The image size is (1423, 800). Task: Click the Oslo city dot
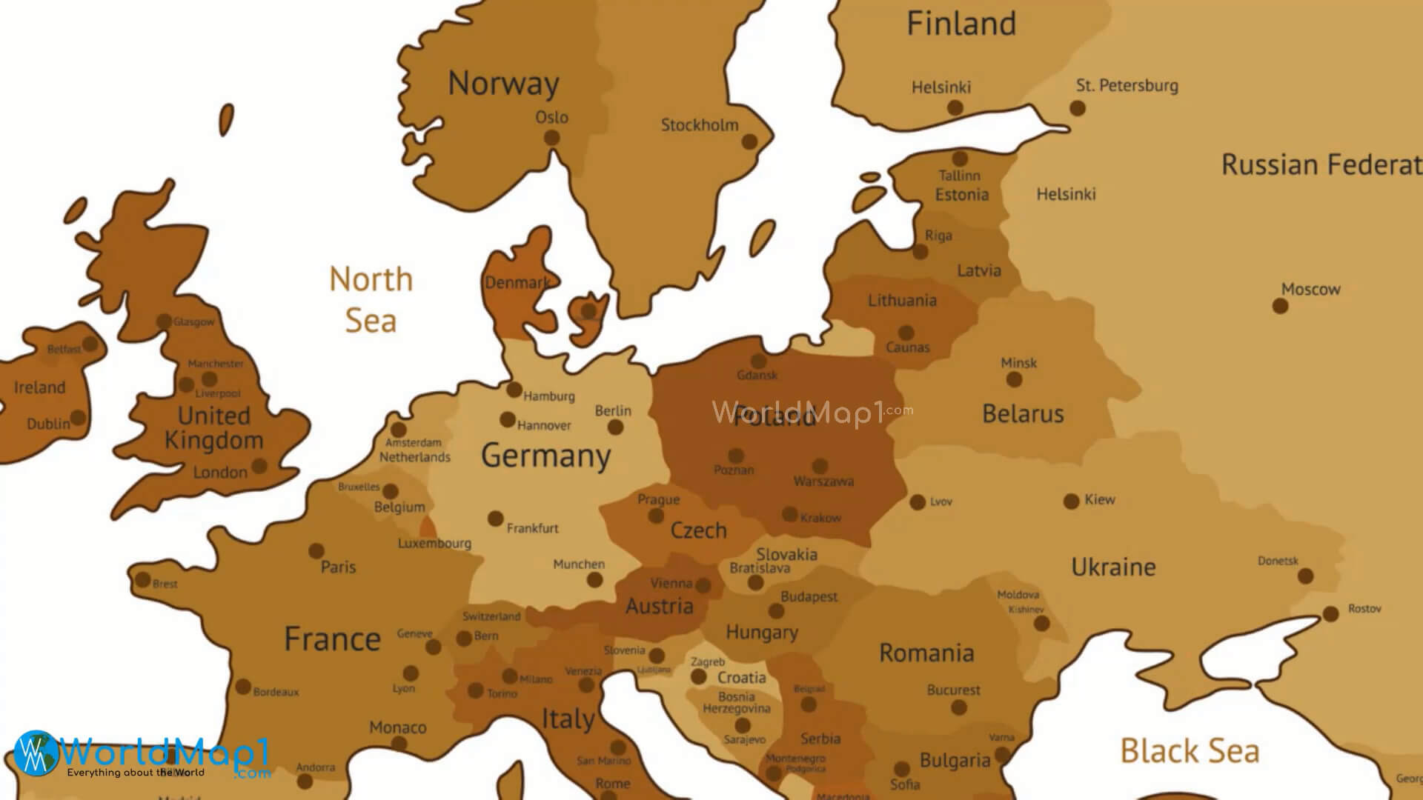[551, 138]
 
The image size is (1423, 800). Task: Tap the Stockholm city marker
[749, 141]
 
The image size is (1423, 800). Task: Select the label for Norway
[503, 84]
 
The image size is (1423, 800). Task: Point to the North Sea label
[371, 300]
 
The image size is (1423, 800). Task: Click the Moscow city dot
[1280, 306]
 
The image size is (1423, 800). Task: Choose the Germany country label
[545, 456]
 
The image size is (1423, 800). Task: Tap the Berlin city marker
[615, 427]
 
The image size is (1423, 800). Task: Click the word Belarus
[1023, 413]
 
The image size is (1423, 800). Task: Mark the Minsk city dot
[1014, 380]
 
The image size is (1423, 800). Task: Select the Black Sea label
[1189, 751]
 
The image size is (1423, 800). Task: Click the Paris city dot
[316, 551]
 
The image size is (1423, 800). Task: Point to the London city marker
[259, 466]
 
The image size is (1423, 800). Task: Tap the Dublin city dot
[78, 419]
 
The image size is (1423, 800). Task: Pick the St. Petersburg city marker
[1078, 108]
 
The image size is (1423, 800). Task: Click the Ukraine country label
[1113, 567]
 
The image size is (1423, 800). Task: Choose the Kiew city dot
[1071, 501]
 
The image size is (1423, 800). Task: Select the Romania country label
[926, 653]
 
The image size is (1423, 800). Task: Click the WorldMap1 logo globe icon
[35, 753]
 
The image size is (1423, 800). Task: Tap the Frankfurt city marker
[495, 519]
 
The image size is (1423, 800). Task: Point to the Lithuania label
[902, 301]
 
